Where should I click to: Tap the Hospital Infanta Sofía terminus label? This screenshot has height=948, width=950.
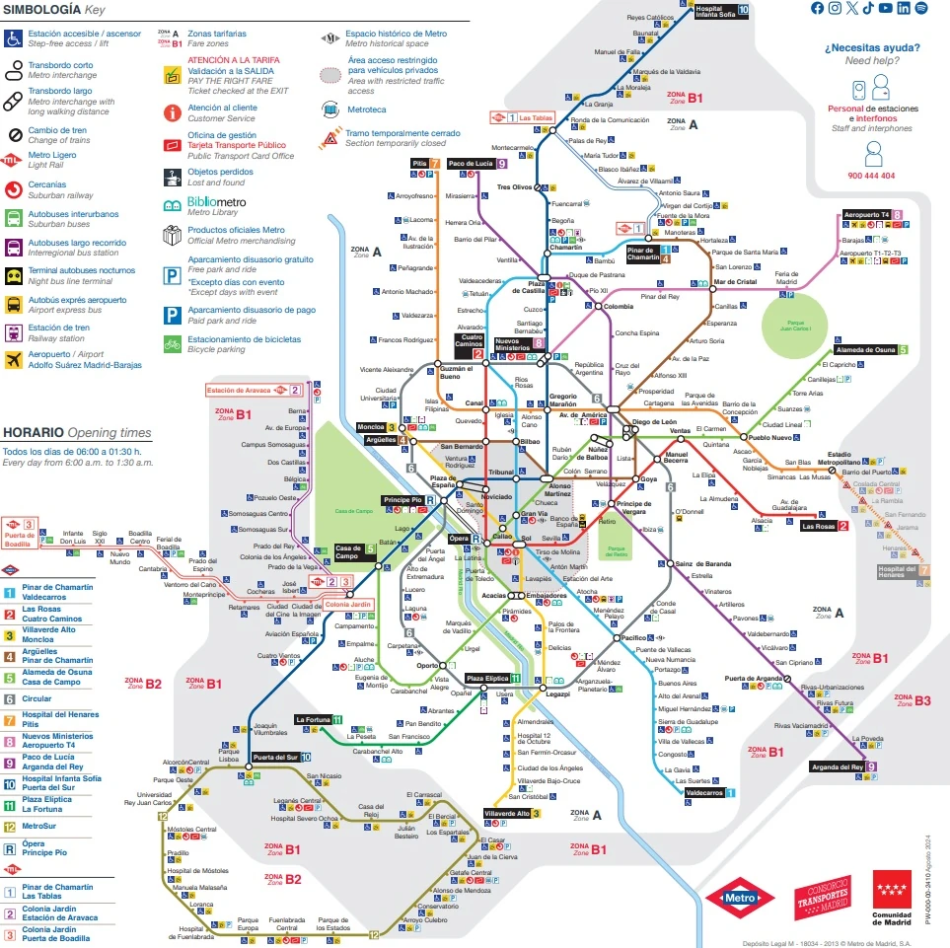click(x=715, y=11)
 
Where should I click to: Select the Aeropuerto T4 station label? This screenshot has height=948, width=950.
click(x=865, y=214)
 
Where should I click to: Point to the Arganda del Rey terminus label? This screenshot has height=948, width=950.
click(x=837, y=766)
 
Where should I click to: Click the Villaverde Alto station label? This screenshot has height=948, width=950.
click(x=507, y=814)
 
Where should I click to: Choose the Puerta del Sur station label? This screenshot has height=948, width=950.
click(x=275, y=757)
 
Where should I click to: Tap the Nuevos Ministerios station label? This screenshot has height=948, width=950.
click(x=513, y=344)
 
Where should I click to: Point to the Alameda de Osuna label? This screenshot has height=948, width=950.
click(x=865, y=350)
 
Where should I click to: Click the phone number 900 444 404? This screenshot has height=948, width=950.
click(x=871, y=176)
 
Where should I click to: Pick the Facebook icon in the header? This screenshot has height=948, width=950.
click(x=817, y=8)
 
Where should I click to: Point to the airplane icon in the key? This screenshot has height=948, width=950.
click(x=13, y=360)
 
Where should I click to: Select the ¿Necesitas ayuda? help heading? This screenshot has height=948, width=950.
click(x=872, y=46)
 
